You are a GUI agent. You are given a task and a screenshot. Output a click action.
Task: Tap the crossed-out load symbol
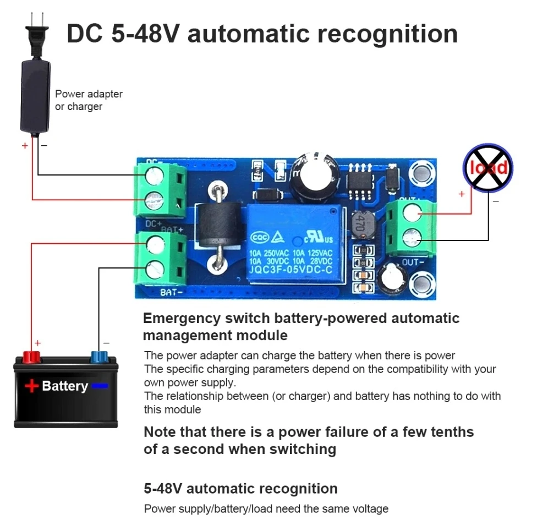tap(487, 168)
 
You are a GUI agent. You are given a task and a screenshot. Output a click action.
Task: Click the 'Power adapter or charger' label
tap(88, 100)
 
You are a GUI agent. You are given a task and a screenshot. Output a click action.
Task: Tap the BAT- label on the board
tap(172, 292)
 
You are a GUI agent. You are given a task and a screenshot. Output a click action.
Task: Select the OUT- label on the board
tap(413, 262)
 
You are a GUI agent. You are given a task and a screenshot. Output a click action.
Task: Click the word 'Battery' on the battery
tap(65, 386)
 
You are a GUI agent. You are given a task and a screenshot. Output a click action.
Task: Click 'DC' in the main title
tap(85, 34)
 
